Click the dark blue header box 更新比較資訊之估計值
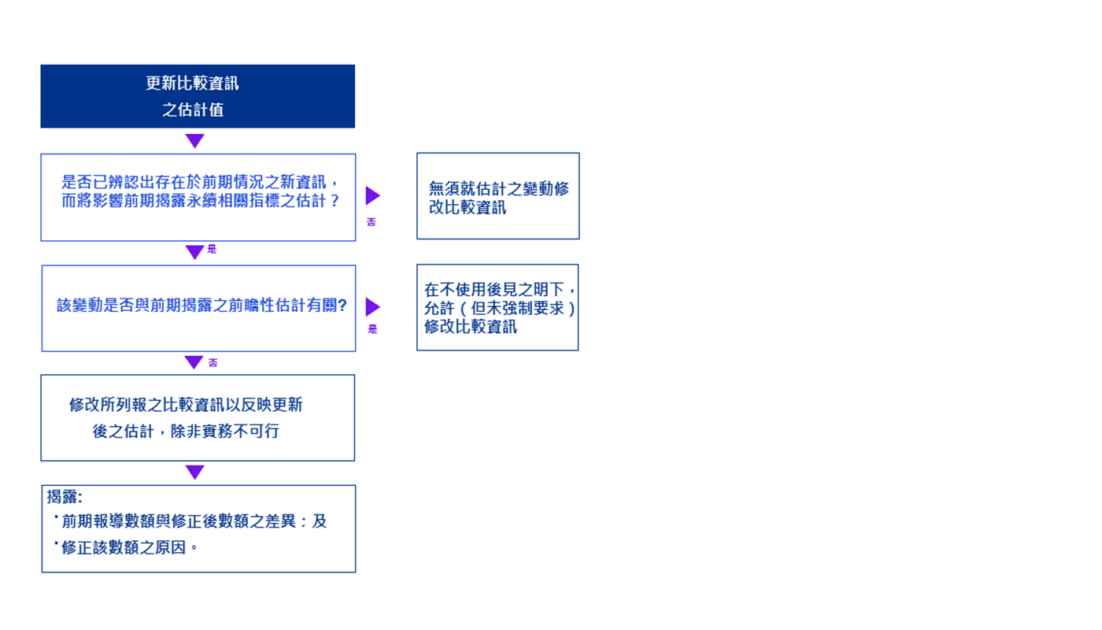[198, 96]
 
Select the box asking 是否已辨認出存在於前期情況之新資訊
[198, 197]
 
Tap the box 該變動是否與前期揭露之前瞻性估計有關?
[198, 308]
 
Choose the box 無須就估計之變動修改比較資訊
[497, 196]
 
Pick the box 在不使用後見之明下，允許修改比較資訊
[497, 307]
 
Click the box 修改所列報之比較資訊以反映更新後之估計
[198, 417]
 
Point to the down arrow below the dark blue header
[194, 141]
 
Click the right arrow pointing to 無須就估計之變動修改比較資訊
[372, 195]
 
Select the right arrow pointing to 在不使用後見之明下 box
[372, 306]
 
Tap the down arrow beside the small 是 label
[194, 252]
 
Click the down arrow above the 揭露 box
[194, 472]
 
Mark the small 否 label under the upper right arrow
[372, 222]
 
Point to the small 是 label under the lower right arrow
[372, 329]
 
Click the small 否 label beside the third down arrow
[213, 363]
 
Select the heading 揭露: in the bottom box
[65, 497]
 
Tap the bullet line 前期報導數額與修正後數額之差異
[194, 521]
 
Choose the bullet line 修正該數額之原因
[129, 547]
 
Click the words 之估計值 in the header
[193, 110]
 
